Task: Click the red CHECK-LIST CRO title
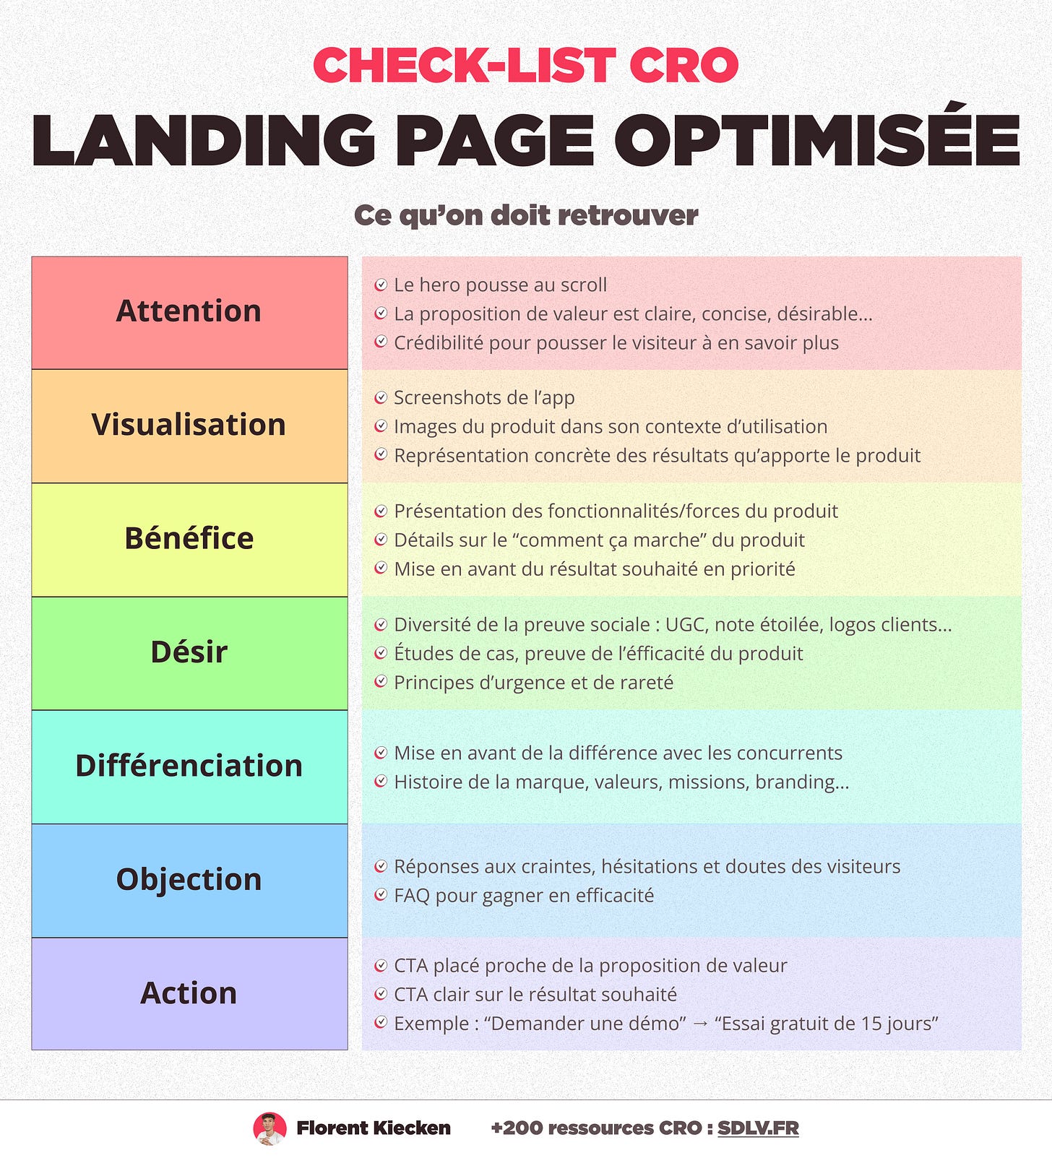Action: click(x=525, y=66)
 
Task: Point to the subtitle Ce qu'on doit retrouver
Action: click(x=526, y=215)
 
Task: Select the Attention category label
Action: click(x=189, y=311)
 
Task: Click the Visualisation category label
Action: click(x=189, y=425)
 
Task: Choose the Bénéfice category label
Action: click(x=189, y=538)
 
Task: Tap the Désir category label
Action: click(x=189, y=652)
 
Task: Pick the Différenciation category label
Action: click(x=189, y=766)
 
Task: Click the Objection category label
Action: click(x=189, y=879)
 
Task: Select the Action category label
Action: click(x=189, y=993)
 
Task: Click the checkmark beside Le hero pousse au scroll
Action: click(x=381, y=285)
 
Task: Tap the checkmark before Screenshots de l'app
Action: click(x=381, y=398)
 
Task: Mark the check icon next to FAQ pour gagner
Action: click(x=381, y=896)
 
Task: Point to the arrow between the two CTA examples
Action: click(x=700, y=1024)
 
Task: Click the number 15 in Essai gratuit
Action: click(x=871, y=1024)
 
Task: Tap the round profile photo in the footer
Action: click(x=270, y=1128)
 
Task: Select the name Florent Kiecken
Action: click(x=374, y=1128)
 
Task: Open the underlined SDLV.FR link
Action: click(x=758, y=1128)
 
